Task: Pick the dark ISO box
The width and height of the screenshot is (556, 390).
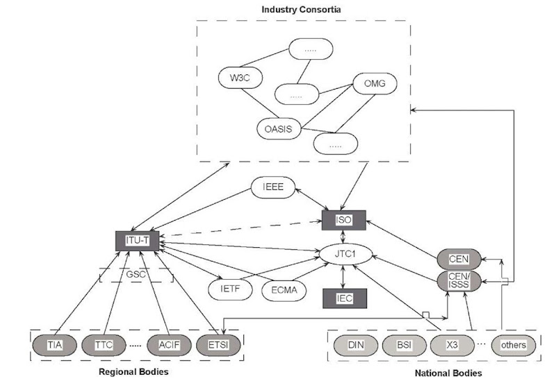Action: [x=344, y=220]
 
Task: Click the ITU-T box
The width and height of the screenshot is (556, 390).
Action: [x=137, y=240]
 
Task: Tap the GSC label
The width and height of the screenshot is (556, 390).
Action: [x=136, y=274]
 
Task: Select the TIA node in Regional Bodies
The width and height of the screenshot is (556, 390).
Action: [x=55, y=344]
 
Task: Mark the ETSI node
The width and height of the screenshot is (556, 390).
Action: [x=220, y=344]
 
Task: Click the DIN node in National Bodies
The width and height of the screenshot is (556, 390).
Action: [x=355, y=344]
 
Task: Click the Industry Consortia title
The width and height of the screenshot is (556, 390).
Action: [x=302, y=10]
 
